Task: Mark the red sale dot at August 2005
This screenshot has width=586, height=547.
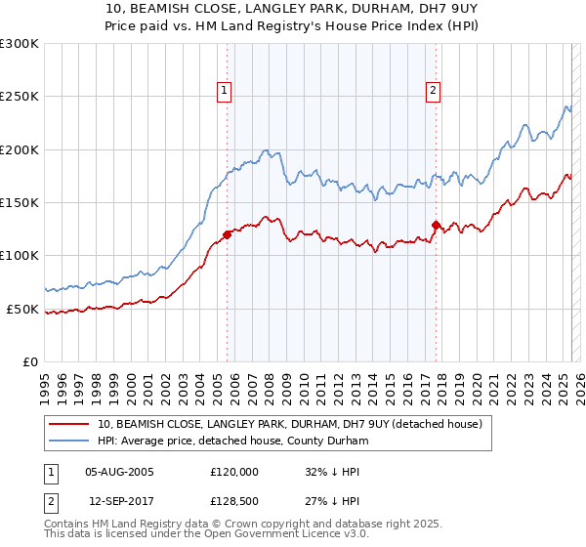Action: pos(227,234)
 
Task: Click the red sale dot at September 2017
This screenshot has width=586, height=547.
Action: pos(436,225)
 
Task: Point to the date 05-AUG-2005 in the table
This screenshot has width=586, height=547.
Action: pos(120,472)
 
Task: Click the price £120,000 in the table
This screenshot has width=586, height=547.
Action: pos(234,472)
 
